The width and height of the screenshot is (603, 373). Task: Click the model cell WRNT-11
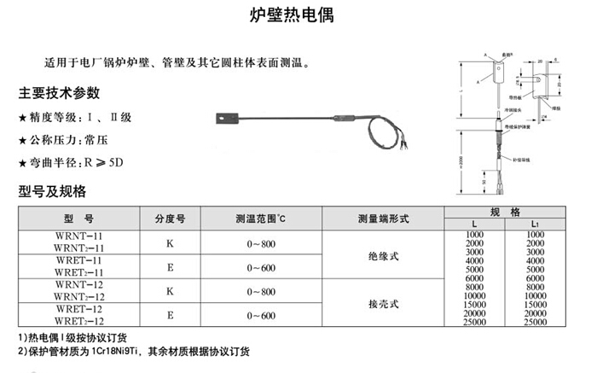coord(78,235)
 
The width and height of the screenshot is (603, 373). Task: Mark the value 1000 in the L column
coord(474,234)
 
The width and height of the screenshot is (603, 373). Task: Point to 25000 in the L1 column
coord(536,322)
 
